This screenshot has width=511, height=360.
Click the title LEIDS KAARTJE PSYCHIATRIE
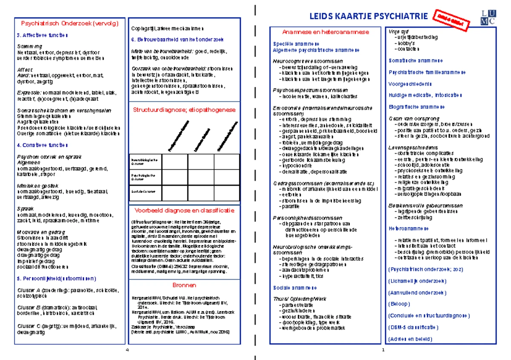[x=368, y=17]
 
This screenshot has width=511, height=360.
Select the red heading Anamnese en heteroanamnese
[x=326, y=32]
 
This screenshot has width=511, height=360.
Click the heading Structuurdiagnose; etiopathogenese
[x=184, y=110]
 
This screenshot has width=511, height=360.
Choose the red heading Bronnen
[x=184, y=285]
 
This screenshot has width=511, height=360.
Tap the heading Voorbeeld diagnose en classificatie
[x=184, y=210]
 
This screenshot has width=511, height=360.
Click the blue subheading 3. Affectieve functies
[x=42, y=35]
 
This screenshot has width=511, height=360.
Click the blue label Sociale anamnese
[x=295, y=288]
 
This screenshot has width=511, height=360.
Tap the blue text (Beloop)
[x=399, y=304]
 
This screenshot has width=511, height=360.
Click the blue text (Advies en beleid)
[x=410, y=339]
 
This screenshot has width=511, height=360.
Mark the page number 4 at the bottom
[x=127, y=350]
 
